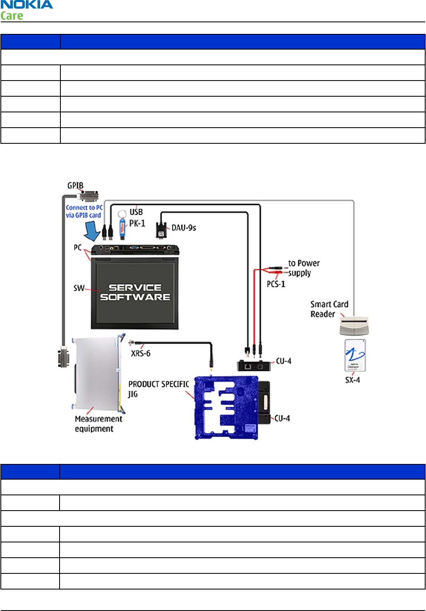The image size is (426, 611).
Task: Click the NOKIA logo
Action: pos(27,5)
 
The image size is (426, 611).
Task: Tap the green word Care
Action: pos(12,16)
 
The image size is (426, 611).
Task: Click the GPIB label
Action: pos(75,185)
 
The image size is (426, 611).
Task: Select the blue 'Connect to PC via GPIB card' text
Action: pos(84,211)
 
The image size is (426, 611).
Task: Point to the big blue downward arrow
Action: pos(92,230)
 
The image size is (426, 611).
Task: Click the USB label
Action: pos(136,212)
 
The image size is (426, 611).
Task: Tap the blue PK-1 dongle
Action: pos(122,228)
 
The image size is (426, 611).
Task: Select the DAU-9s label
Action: pos(184,228)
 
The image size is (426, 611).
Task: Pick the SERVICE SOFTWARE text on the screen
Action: pos(135,292)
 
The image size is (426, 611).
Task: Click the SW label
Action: pos(79,288)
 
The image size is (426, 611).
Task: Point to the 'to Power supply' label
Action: pos(304,268)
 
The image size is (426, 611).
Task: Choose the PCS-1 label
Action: pos(276,284)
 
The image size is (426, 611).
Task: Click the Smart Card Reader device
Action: pos(353,326)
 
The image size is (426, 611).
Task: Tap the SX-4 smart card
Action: pos(355,355)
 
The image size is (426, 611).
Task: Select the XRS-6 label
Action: pos(141,353)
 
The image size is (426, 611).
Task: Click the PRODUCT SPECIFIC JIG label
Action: pos(158,388)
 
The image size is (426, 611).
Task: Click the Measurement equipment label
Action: pos(98,423)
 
